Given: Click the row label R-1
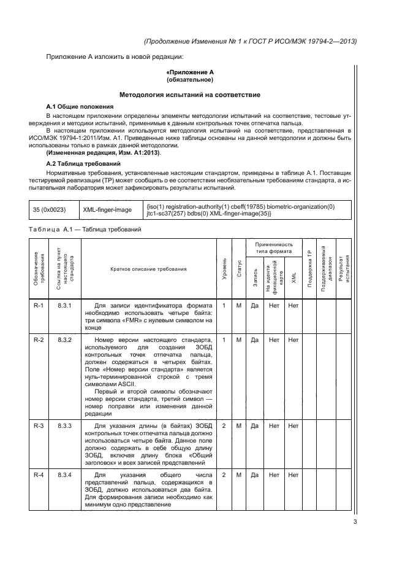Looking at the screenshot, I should point(38,305).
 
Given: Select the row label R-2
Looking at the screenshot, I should point(38,339).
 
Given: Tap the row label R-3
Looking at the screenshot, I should point(38,425).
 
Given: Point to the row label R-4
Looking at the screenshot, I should point(38,475).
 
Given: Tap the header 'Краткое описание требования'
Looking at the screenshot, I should point(149,269).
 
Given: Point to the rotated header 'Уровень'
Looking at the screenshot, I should point(224,269).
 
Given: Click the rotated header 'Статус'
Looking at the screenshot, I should point(239,269).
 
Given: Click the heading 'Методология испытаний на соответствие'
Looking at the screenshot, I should point(190,95).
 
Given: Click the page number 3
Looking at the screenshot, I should point(355,522).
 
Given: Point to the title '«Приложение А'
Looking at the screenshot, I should point(190,72).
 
